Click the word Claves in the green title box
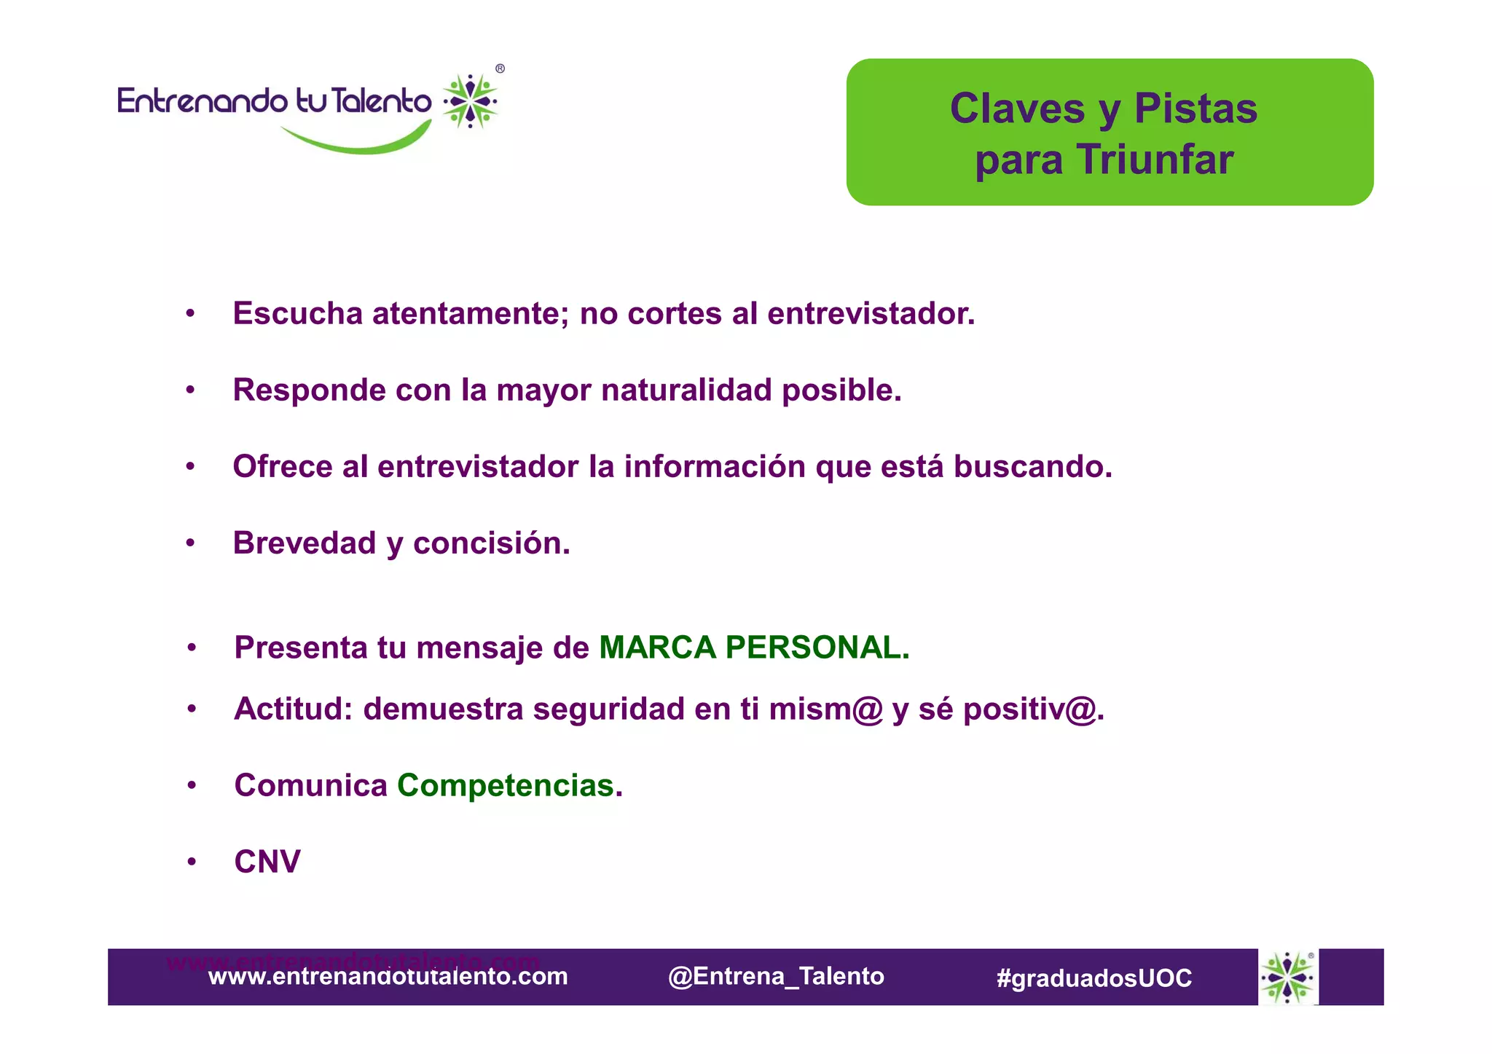click(x=1017, y=109)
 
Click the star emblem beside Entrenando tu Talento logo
click(x=471, y=101)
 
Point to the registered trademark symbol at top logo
click(x=500, y=69)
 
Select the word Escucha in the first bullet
click(x=297, y=314)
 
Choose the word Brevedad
click(x=304, y=543)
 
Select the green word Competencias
click(x=505, y=785)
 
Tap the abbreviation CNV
click(x=267, y=862)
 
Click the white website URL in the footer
click(x=388, y=977)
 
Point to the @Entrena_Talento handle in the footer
click(x=776, y=977)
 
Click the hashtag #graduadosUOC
click(x=1094, y=978)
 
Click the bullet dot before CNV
click(x=192, y=862)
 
